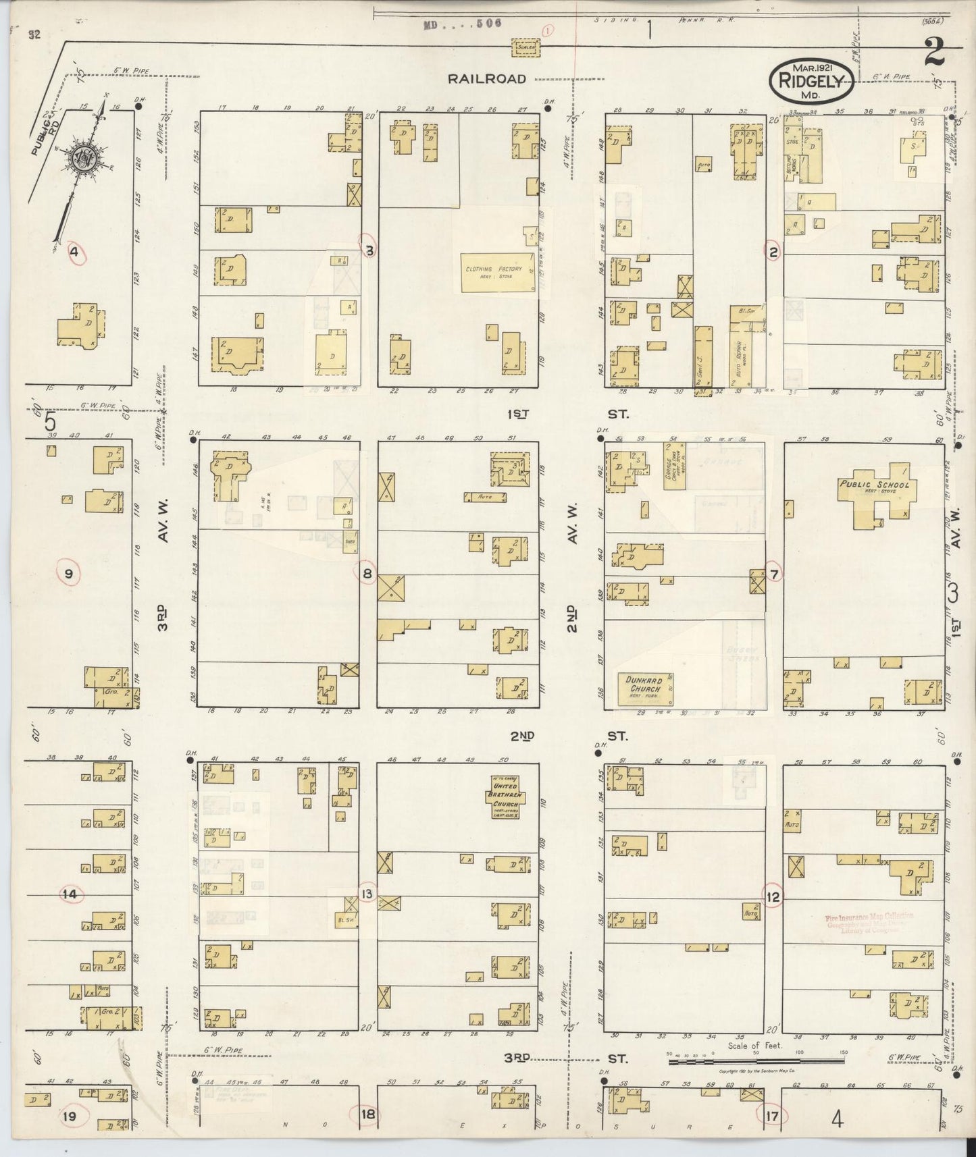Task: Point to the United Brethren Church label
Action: [505, 796]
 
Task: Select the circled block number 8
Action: [367, 574]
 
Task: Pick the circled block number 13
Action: [367, 894]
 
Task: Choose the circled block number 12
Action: [773, 896]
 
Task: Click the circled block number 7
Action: [774, 574]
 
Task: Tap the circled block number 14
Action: [70, 894]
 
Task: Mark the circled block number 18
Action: [367, 1114]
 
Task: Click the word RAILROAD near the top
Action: [486, 79]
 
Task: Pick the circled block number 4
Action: [75, 252]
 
